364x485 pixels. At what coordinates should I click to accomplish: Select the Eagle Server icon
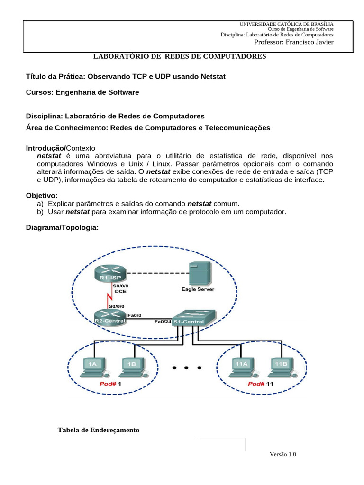(198, 274)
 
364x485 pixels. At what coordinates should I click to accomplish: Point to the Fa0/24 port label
(163, 322)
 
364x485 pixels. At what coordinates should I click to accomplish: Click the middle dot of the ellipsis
(187, 367)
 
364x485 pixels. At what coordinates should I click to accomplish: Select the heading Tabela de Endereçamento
(99, 430)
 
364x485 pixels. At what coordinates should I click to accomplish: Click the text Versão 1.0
(282, 454)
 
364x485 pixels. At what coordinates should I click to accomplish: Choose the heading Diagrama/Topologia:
(62, 228)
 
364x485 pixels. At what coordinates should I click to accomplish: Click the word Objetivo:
(42, 195)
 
